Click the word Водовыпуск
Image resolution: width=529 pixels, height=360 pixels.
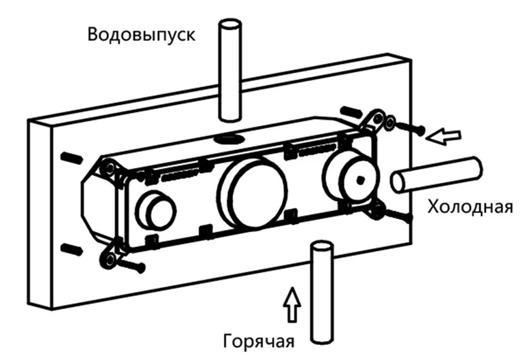pyautogui.click(x=141, y=35)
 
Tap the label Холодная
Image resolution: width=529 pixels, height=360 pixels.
pyautogui.click(x=470, y=206)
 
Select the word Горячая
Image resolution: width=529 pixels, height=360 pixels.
pyautogui.click(x=259, y=341)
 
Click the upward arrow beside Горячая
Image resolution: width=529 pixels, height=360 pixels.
pyautogui.click(x=293, y=304)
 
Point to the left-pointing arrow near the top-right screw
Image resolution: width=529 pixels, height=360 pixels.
pyautogui.click(x=443, y=137)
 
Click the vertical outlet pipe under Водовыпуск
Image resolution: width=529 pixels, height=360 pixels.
pyautogui.click(x=230, y=70)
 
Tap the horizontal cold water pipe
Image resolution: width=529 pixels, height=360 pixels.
pyautogui.click(x=437, y=175)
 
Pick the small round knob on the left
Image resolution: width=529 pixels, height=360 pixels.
pyautogui.click(x=156, y=210)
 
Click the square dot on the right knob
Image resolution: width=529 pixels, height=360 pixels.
pyautogui.click(x=361, y=180)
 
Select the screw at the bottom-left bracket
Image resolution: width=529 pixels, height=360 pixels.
pyautogui.click(x=131, y=264)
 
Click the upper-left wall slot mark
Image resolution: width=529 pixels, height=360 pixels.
pyautogui.click(x=71, y=157)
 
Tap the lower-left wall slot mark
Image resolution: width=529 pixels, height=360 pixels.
pyautogui.click(x=71, y=250)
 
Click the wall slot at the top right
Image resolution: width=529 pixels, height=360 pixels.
pyautogui.click(x=352, y=112)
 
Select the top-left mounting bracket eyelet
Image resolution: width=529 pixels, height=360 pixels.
pyautogui.click(x=109, y=169)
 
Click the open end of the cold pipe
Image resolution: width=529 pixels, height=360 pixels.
pyautogui.click(x=399, y=182)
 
